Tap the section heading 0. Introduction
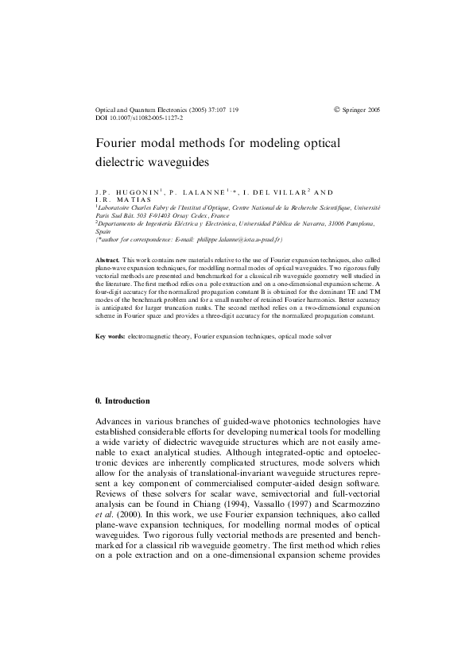pos(122,400)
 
